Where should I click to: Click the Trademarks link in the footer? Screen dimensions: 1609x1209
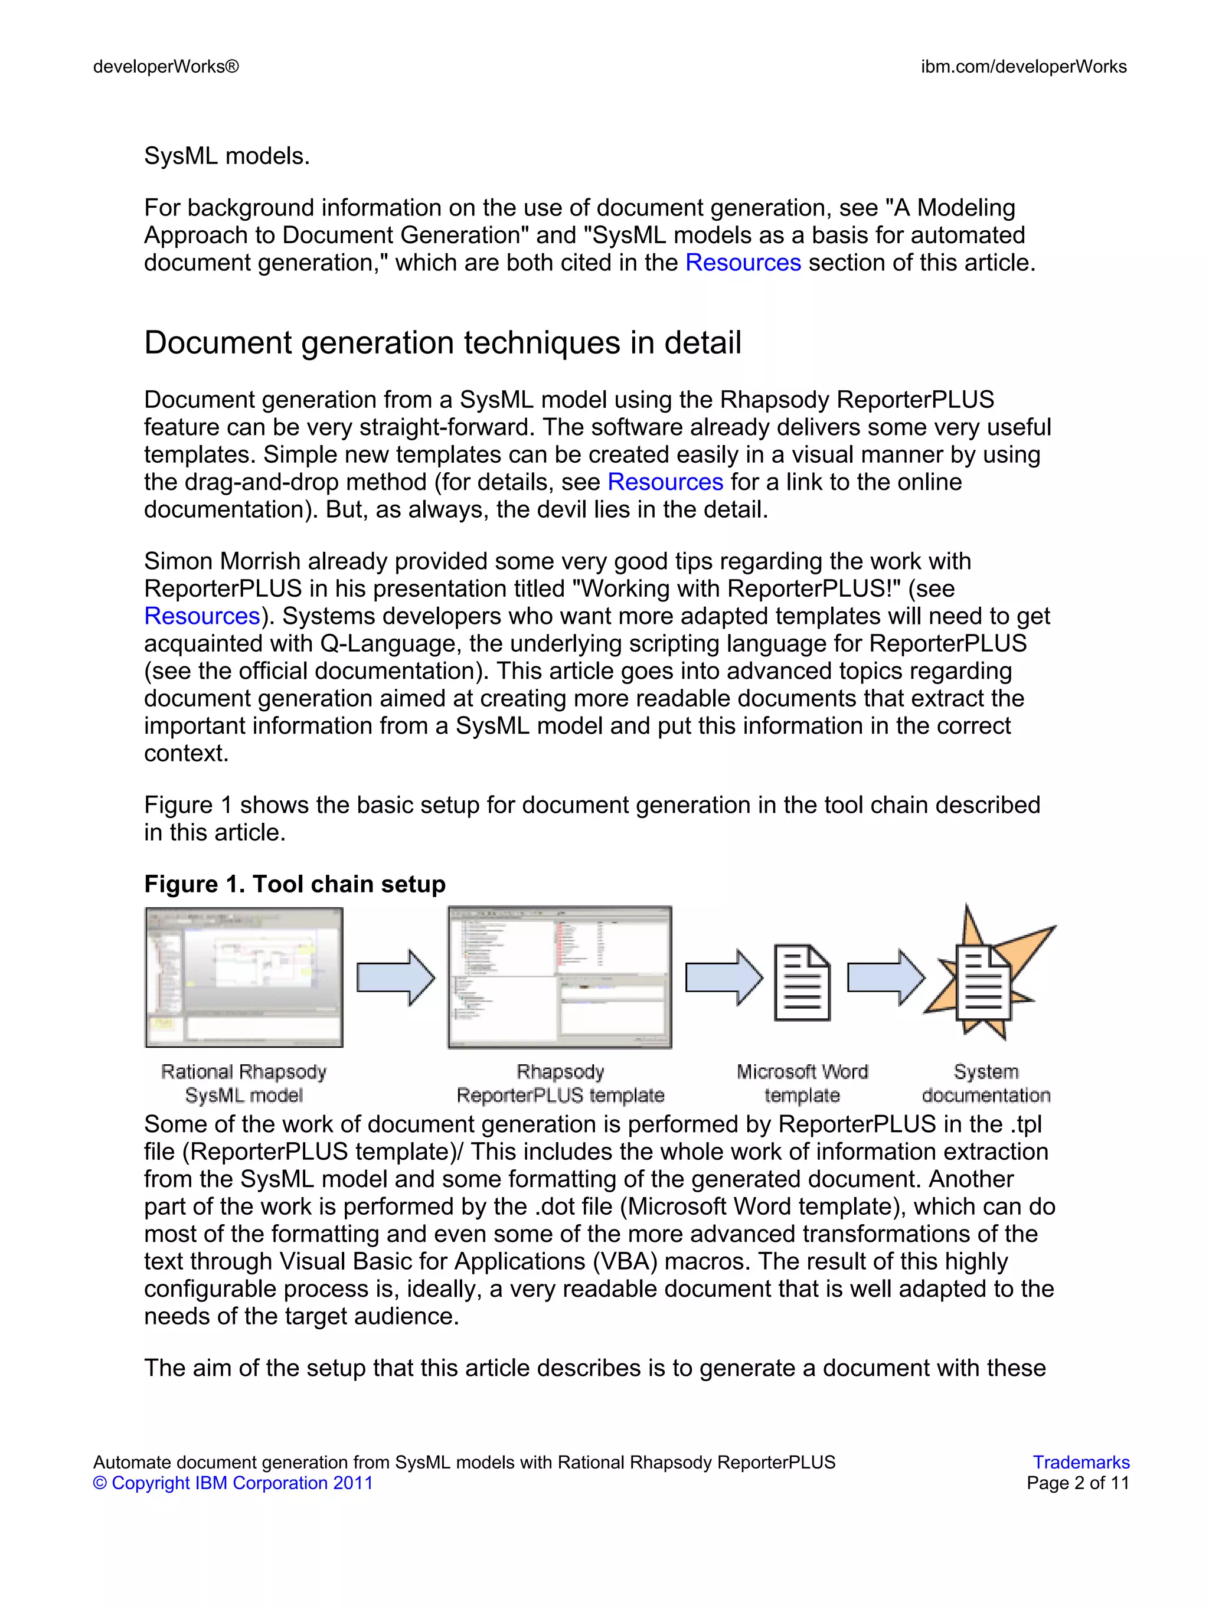(x=1080, y=1462)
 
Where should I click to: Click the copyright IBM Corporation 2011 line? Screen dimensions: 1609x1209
(x=233, y=1483)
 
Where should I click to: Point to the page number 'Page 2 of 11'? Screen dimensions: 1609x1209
(x=1077, y=1483)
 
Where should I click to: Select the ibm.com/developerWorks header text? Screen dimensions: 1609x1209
(x=1023, y=67)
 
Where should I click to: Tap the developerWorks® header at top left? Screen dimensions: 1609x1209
(x=166, y=67)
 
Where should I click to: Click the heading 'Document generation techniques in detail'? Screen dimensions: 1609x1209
(x=442, y=342)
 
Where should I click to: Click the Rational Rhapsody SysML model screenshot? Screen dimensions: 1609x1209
(x=244, y=977)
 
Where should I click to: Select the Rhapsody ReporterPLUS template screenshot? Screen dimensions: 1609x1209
(x=560, y=977)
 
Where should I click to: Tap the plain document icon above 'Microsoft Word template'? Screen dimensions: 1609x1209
(x=802, y=982)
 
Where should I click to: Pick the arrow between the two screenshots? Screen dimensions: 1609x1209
(x=396, y=977)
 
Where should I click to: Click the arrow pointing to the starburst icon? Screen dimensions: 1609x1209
(x=885, y=977)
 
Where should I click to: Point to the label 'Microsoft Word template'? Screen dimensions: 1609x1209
(x=802, y=1083)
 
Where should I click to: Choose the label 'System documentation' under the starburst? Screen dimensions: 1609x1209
(x=986, y=1083)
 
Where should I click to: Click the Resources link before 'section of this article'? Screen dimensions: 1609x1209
(x=743, y=263)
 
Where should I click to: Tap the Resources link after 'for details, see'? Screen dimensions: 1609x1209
(x=665, y=482)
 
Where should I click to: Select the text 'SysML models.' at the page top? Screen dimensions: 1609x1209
(x=227, y=156)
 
